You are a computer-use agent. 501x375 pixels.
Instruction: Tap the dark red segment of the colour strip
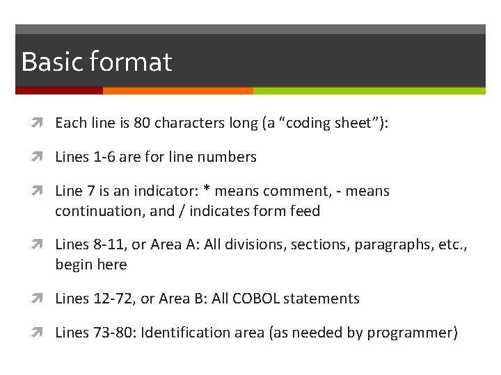coord(59,90)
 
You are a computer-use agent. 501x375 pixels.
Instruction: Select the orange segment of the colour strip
coord(178,90)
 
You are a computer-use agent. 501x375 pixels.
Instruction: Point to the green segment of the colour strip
coord(369,90)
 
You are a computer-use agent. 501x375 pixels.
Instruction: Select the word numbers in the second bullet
coord(227,157)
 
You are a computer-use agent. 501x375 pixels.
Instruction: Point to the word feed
coord(305,211)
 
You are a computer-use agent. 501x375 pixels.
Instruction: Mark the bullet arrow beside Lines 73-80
coord(44,333)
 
